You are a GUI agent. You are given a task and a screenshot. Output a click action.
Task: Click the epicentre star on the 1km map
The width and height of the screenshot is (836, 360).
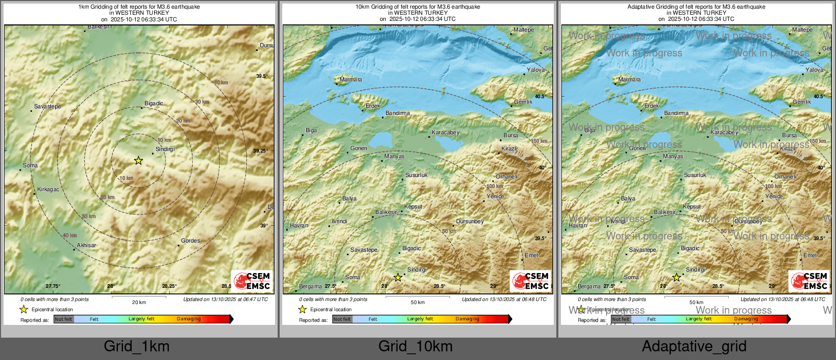(x=138, y=161)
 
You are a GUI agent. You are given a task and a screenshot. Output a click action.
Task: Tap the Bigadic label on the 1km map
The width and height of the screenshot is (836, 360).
(x=154, y=103)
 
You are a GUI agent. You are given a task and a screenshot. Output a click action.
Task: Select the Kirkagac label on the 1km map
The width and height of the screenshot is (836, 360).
(x=48, y=189)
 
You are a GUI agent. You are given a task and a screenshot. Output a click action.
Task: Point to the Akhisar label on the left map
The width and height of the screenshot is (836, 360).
(x=86, y=245)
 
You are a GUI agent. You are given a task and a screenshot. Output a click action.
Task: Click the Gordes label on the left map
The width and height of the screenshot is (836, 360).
(x=190, y=241)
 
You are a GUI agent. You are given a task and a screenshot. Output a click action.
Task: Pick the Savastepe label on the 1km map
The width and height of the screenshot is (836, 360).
(x=47, y=106)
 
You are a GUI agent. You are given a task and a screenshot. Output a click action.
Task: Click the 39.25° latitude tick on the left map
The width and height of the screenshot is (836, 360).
(x=260, y=151)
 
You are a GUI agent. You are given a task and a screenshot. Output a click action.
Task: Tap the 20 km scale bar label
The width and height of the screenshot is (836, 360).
(x=139, y=302)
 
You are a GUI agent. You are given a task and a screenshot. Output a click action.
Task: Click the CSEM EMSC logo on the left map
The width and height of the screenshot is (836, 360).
(x=252, y=281)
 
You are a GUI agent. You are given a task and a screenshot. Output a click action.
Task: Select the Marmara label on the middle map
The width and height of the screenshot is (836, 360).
(x=350, y=79)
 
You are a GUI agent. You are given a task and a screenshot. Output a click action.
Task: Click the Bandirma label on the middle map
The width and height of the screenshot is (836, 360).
(x=397, y=113)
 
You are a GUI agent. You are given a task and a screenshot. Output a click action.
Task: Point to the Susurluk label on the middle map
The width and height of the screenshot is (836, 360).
(x=416, y=175)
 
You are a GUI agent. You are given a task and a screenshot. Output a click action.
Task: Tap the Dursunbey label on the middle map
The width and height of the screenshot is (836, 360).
(x=469, y=221)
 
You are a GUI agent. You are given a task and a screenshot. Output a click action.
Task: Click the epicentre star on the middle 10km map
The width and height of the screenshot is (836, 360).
(x=398, y=278)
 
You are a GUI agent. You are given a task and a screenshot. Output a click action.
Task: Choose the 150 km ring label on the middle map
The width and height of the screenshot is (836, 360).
(x=539, y=141)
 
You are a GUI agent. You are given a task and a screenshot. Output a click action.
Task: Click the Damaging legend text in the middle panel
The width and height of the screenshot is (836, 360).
(x=467, y=319)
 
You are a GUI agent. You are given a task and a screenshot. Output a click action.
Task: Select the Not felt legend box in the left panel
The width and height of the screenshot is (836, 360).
(x=64, y=319)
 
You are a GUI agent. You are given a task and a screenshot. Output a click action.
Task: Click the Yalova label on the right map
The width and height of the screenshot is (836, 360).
(x=814, y=70)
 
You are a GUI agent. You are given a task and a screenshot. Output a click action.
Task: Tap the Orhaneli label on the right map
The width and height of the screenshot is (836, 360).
(x=785, y=176)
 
